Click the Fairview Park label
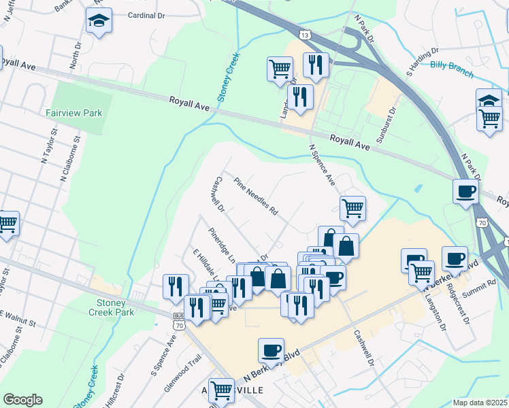tap(74, 113)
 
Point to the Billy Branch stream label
tap(451, 65)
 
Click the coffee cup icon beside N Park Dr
tap(465, 191)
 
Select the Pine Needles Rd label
tap(256, 197)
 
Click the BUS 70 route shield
tap(179, 322)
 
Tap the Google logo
tap(22, 400)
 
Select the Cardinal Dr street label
tap(147, 14)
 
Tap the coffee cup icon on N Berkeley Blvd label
tap(271, 351)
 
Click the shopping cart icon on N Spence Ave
tap(352, 207)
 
